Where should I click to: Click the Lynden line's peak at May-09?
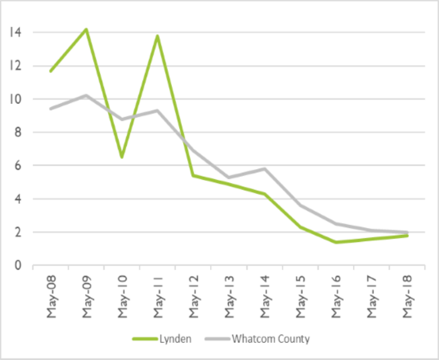(x=86, y=29)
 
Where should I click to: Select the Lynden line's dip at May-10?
(x=121, y=157)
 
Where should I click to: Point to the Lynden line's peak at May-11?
(x=157, y=35)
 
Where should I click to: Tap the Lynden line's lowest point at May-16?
(x=336, y=242)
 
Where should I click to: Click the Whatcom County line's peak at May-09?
(x=86, y=94)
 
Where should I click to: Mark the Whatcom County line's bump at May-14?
(x=265, y=168)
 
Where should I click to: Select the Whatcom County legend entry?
(x=270, y=339)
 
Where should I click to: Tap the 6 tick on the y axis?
(x=18, y=166)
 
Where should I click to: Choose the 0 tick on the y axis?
(x=18, y=265)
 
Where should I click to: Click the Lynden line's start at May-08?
(x=51, y=72)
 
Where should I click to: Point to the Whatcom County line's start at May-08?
(x=51, y=109)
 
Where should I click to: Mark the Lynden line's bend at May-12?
(x=193, y=175)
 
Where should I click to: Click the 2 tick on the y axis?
(x=18, y=233)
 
